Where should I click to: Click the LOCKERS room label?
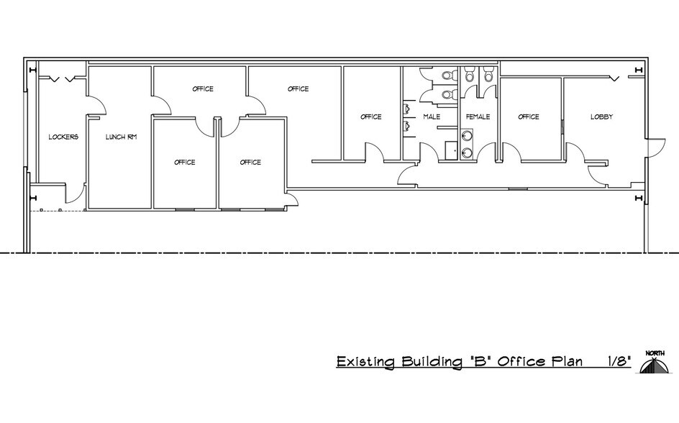[x=63, y=137]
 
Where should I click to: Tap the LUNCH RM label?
[x=121, y=137]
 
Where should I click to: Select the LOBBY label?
[x=601, y=117]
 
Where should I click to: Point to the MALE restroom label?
[x=432, y=117]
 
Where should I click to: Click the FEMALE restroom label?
[x=478, y=117]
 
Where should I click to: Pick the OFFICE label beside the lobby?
[x=529, y=117]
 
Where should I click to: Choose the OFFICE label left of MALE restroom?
[x=370, y=117]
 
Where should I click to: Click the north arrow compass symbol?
[x=655, y=362]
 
